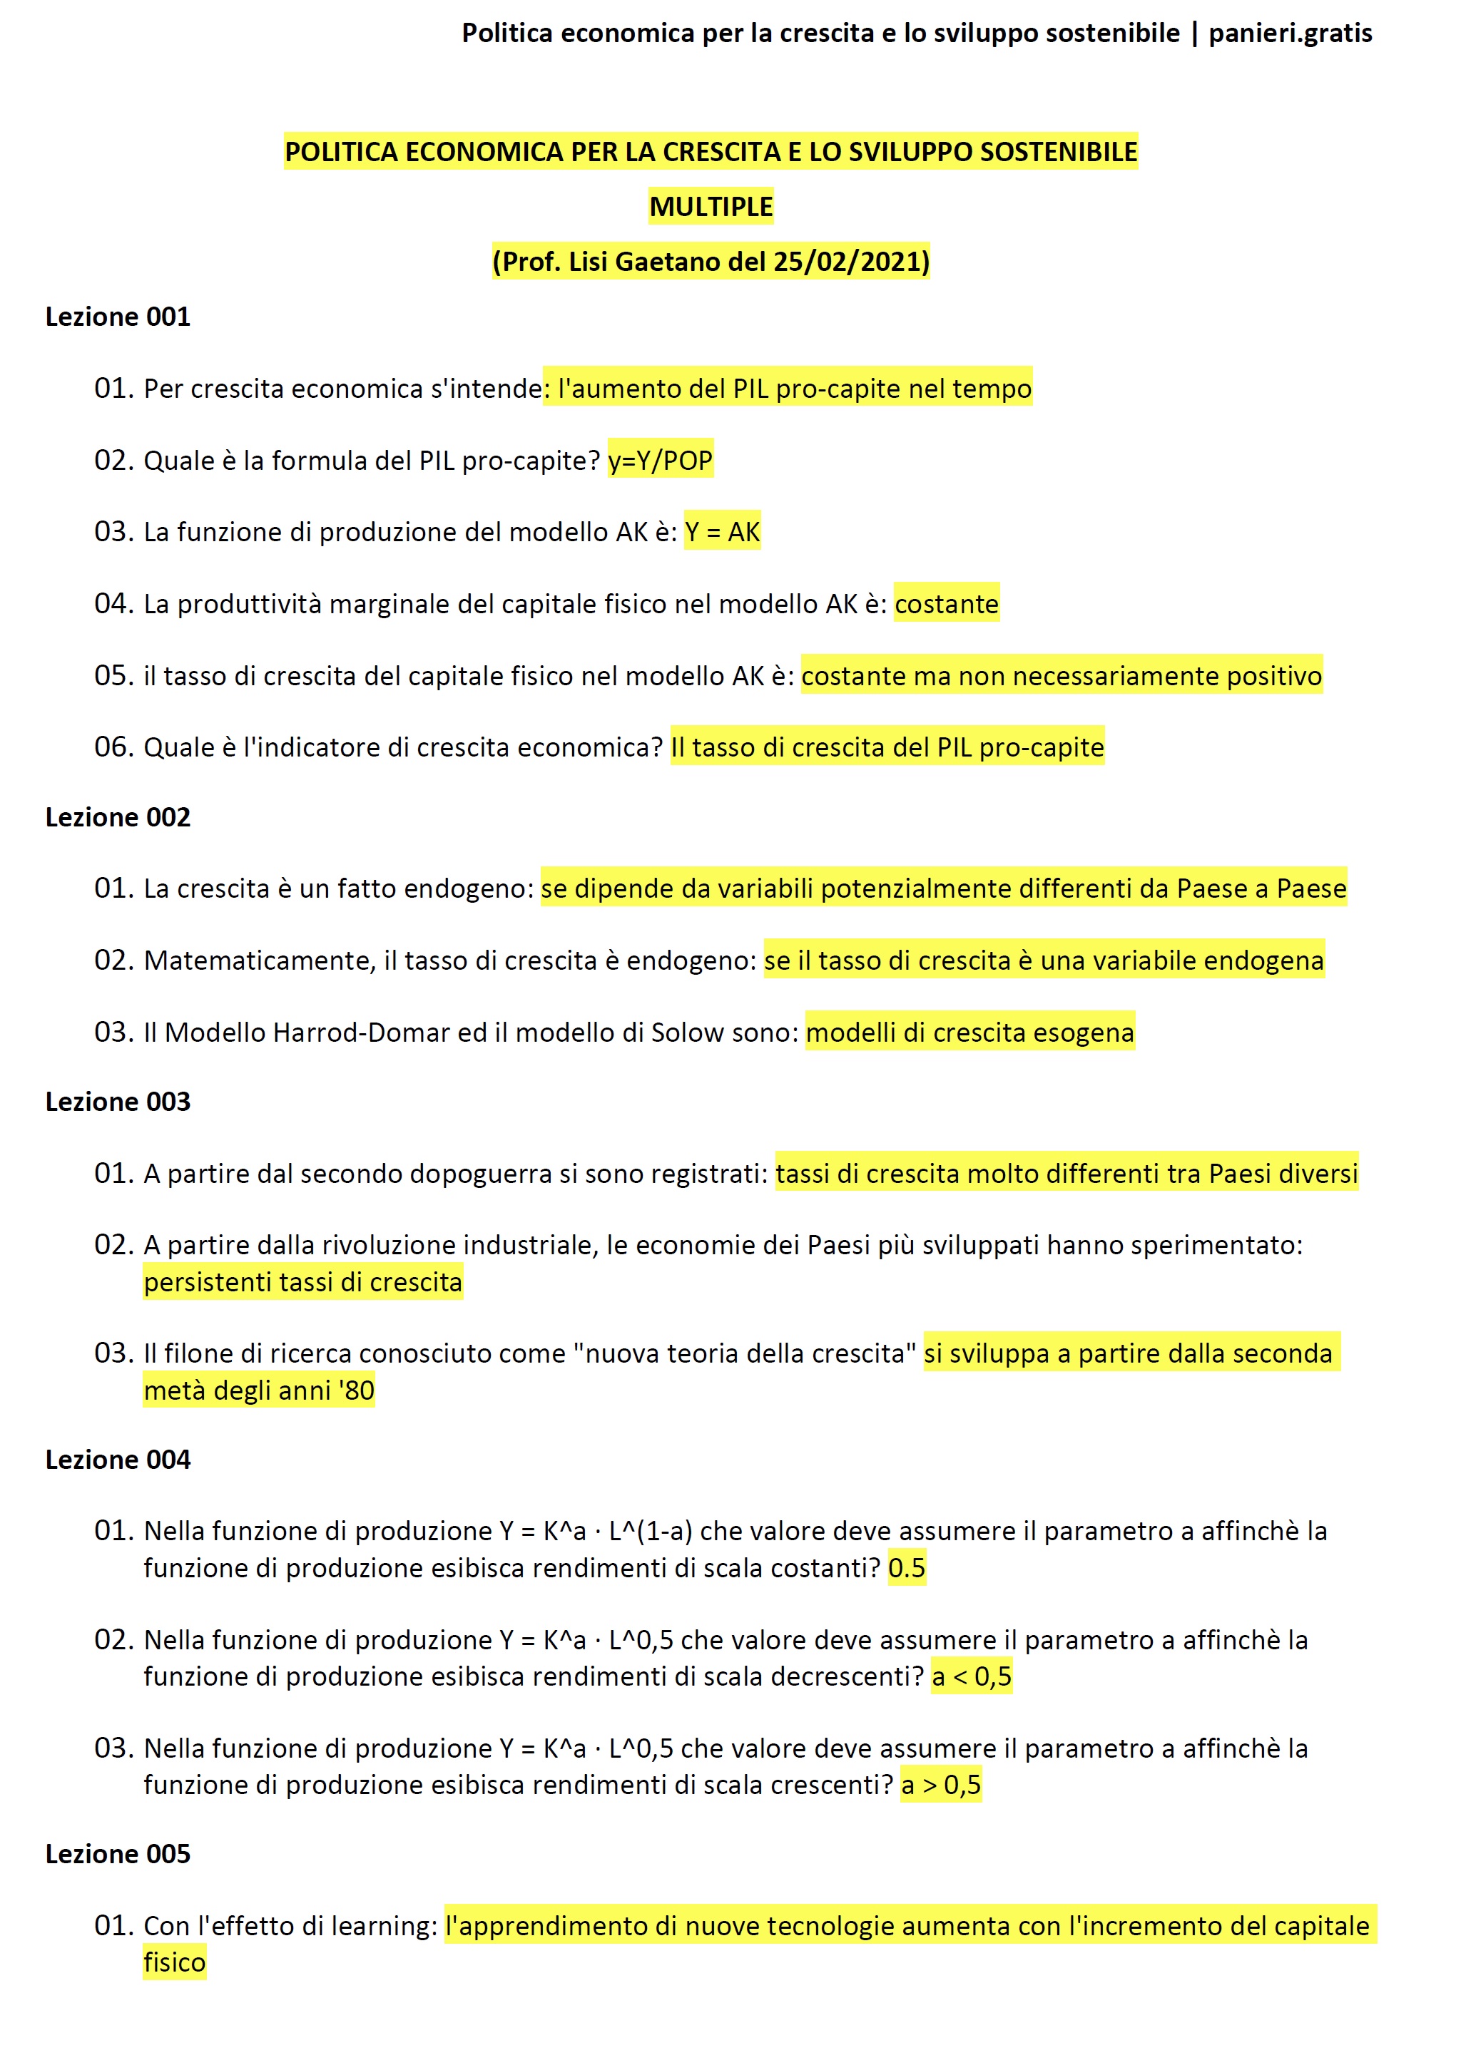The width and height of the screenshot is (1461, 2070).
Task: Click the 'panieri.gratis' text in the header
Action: pos(1290,34)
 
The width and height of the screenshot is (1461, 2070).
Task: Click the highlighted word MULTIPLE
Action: pos(711,207)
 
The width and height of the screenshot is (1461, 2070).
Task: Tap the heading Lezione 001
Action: pos(118,317)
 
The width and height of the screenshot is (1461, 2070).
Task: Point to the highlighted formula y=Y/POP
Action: pos(660,461)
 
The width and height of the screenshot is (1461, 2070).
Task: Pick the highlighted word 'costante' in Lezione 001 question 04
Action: pos(946,604)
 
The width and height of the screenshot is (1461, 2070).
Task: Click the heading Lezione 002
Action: pos(118,818)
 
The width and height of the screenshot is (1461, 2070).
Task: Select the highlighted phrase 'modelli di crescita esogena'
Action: pos(969,1033)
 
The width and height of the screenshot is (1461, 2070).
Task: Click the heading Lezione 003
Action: pos(118,1102)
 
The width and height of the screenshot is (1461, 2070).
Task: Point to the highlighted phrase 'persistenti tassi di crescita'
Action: pos(302,1282)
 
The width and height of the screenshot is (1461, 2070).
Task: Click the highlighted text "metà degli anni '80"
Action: pos(259,1390)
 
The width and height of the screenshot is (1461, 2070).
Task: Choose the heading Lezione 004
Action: pos(118,1460)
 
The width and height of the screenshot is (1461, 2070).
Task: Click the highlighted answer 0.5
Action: pos(907,1568)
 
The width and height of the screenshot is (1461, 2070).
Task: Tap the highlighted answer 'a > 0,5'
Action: pos(941,1784)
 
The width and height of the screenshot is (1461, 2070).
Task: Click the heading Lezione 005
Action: pos(118,1854)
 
